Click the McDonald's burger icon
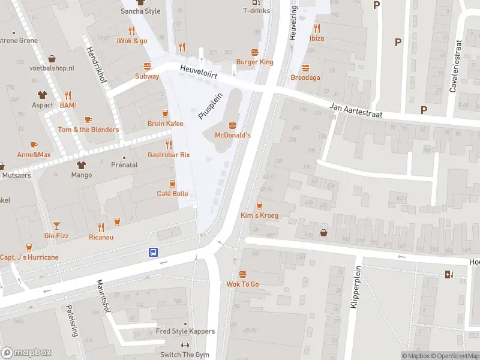[232, 125]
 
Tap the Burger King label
[254, 62]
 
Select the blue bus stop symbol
[154, 253]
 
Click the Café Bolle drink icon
[172, 183]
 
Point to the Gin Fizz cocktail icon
[56, 226]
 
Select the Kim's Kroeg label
[259, 215]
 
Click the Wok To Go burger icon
[242, 274]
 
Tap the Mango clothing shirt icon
[81, 164]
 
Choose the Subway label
[147, 76]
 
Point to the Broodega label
[305, 78]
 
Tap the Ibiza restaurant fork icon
[317, 28]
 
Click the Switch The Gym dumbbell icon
[184, 345]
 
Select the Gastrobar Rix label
[169, 155]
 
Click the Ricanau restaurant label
[101, 237]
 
